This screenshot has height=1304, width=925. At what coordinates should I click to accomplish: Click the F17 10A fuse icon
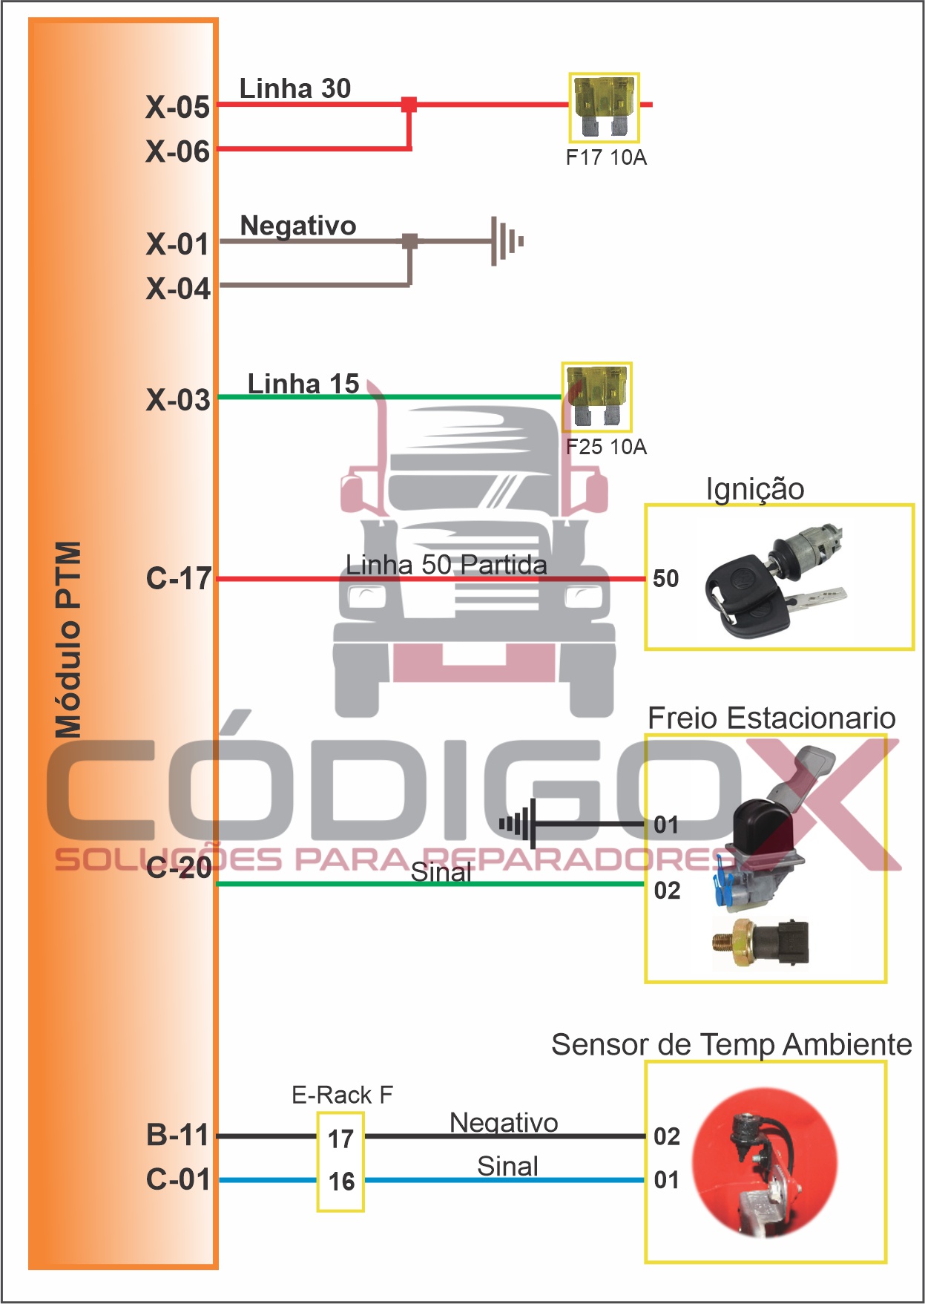coord(604,108)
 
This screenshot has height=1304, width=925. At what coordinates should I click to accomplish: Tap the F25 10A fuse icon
coord(596,397)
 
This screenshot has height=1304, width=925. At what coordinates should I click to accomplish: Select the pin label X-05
coord(178,108)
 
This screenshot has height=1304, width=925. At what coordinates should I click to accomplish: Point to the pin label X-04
coord(178,289)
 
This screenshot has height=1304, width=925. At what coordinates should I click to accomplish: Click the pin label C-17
coord(179,579)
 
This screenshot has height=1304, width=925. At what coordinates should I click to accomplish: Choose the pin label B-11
coord(178,1136)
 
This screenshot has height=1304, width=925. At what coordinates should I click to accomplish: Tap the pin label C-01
coord(178,1179)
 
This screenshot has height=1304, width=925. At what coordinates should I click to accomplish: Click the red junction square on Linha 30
coord(409,105)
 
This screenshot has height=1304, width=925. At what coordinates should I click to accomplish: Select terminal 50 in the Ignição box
coord(665,579)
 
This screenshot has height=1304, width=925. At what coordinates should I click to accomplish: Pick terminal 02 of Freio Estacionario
coord(667,890)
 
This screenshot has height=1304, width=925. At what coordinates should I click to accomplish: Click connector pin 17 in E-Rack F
coord(340,1138)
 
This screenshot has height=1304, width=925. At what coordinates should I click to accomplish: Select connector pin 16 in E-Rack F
coord(341,1182)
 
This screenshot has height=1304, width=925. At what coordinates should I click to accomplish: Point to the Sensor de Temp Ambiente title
coord(731,1045)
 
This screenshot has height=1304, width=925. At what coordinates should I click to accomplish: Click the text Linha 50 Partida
coord(446,566)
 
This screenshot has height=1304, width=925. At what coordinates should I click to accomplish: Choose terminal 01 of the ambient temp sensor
coord(667,1179)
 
